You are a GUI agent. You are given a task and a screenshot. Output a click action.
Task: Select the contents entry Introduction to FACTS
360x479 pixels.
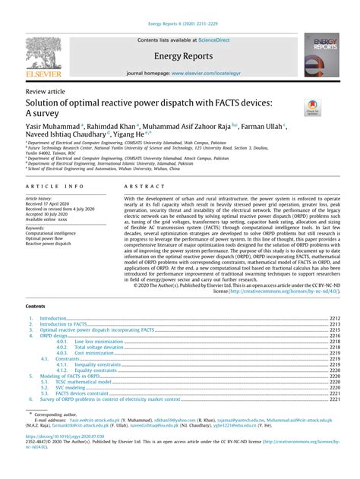coord(66,324)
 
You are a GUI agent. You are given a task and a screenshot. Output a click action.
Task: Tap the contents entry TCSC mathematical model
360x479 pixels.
coord(102,382)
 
